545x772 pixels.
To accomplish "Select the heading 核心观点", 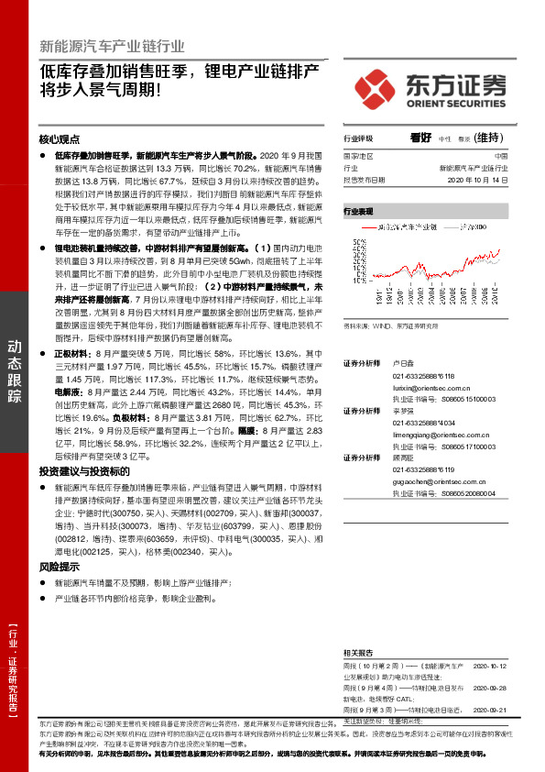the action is pyautogui.click(x=60, y=139).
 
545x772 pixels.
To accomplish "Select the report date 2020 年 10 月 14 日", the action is pyautogui.click(x=476, y=180).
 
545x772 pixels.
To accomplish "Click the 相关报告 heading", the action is pyautogui.click(x=358, y=646).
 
